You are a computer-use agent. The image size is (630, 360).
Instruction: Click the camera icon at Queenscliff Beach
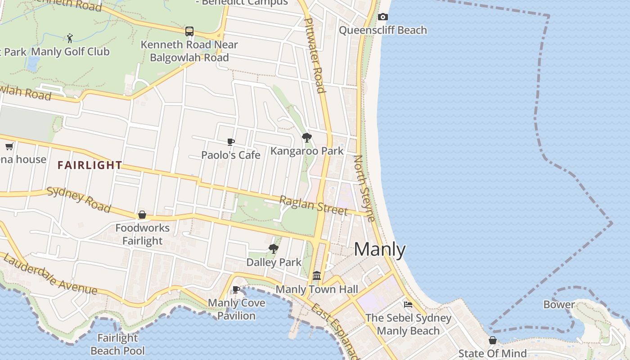383,17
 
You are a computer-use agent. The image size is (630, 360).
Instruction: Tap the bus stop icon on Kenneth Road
189,31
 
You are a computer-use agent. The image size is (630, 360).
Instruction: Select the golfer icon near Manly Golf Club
70,38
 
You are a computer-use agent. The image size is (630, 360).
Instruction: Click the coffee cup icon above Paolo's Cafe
231,142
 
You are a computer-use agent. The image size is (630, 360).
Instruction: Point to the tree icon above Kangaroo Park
307,138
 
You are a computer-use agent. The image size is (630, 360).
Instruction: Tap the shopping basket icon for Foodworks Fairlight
142,215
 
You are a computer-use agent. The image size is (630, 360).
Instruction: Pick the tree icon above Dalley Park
273,249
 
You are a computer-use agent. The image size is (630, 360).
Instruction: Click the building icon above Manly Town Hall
317,275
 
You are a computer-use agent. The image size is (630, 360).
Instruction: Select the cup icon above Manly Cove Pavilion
236,289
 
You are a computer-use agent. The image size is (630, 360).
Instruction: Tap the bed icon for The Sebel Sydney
408,305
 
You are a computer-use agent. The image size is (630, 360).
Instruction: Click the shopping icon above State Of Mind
493,340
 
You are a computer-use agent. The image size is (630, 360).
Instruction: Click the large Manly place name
380,249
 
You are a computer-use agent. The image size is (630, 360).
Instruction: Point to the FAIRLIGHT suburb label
90,165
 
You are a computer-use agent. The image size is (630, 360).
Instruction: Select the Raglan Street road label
314,205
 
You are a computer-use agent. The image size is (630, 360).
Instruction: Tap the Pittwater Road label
315,55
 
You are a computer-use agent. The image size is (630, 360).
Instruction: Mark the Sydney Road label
79,199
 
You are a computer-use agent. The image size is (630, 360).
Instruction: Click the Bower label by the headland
559,305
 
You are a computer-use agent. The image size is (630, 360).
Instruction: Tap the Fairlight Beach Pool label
118,344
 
